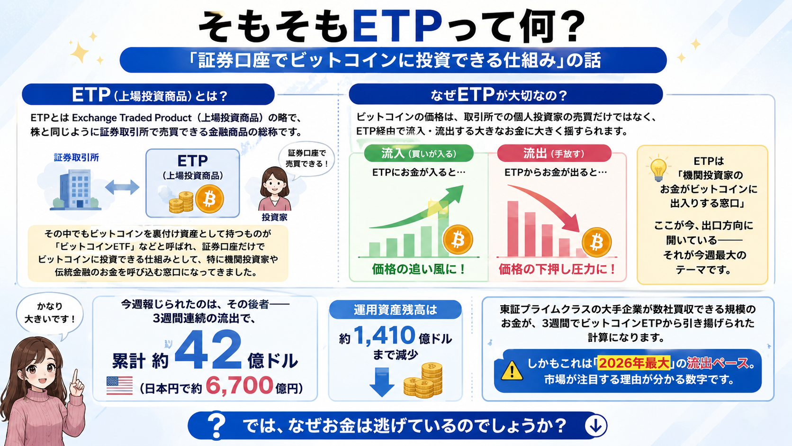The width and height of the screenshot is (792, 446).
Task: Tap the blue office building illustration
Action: [x=75, y=190]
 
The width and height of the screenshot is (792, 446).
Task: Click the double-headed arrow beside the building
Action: [x=122, y=187]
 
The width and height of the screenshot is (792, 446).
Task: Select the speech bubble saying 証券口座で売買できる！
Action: [x=306, y=158]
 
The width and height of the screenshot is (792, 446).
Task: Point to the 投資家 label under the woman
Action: [x=274, y=217]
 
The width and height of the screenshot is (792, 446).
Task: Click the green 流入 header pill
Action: [x=419, y=154]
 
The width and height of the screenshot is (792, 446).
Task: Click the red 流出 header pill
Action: [x=554, y=154]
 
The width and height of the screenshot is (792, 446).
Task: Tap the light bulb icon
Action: [x=658, y=170]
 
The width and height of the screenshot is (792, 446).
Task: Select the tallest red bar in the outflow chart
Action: [x=513, y=229]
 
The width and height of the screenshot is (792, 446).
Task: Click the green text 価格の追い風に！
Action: [x=419, y=270]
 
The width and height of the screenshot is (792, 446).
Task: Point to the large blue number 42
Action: [x=208, y=350]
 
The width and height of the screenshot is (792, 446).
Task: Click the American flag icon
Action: [x=119, y=385]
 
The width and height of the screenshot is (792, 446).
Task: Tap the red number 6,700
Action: [x=239, y=385]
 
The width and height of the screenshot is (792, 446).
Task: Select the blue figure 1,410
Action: [x=384, y=335]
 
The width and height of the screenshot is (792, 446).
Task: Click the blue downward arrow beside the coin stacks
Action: [x=382, y=382]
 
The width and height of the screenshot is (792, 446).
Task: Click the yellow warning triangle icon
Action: [x=512, y=370]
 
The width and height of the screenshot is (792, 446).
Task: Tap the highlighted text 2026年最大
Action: [x=634, y=363]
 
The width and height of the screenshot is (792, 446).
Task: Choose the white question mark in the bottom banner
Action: [x=216, y=426]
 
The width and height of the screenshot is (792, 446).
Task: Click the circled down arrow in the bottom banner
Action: [x=596, y=426]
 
